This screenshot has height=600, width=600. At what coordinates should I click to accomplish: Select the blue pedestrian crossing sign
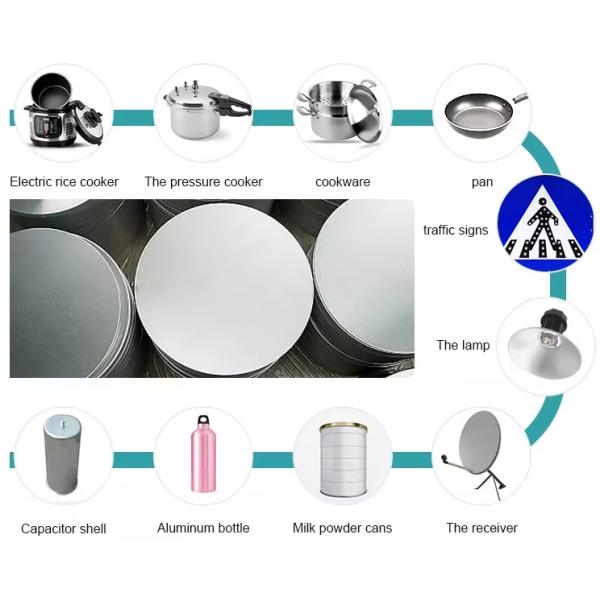(x=545, y=223)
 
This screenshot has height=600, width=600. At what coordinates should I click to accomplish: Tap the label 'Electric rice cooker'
(x=64, y=182)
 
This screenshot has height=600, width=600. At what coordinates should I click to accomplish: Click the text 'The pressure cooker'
(x=203, y=182)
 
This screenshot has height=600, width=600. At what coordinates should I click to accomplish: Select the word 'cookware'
(x=342, y=182)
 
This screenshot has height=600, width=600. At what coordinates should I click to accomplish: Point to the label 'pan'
(x=482, y=183)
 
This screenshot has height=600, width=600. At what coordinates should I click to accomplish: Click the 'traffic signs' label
(x=456, y=230)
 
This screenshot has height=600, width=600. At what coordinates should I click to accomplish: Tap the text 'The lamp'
(x=463, y=345)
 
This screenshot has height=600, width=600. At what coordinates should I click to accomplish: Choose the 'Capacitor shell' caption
(x=64, y=529)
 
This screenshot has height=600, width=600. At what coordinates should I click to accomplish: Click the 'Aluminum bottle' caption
(x=203, y=528)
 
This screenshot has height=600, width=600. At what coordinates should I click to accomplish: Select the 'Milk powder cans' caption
(x=342, y=528)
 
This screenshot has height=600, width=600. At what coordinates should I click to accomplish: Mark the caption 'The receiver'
(x=482, y=528)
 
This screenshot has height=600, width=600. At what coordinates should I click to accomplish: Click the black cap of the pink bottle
(x=203, y=420)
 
